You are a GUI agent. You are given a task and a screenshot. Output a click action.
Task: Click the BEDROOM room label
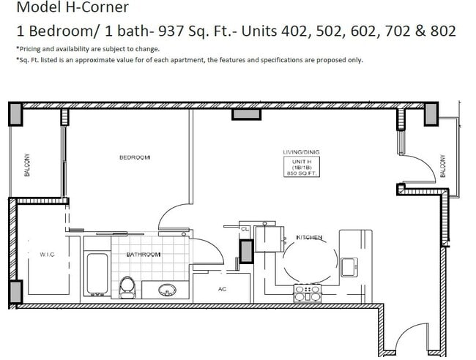(x=135, y=157)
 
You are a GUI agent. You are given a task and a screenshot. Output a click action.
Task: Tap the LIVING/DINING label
(x=301, y=152)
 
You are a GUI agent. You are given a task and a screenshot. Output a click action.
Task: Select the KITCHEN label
(x=309, y=238)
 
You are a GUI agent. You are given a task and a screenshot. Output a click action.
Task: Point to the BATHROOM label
(x=144, y=255)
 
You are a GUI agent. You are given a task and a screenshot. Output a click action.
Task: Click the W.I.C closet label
(x=47, y=255)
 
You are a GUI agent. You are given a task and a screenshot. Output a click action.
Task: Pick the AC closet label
(x=223, y=289)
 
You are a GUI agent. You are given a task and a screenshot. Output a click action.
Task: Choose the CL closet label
(x=245, y=228)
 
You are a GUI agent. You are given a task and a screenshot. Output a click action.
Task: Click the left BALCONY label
(x=27, y=165)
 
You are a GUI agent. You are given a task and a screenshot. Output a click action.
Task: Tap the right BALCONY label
(x=442, y=165)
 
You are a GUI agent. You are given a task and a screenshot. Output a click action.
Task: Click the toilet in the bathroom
(x=127, y=285)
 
